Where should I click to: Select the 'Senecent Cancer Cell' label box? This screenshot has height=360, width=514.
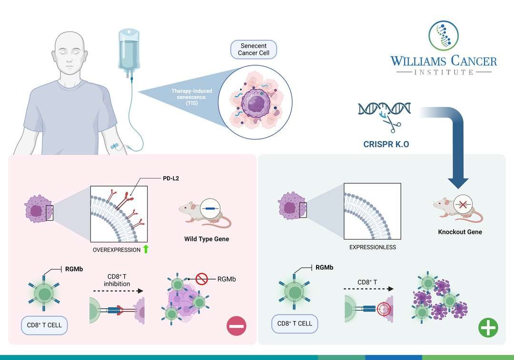[254, 49]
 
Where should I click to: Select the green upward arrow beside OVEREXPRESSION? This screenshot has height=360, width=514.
[146, 249]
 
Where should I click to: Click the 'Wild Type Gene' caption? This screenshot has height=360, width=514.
[207, 239]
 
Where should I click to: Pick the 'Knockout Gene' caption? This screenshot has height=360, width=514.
[460, 232]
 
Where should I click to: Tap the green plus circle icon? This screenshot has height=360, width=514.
[488, 328]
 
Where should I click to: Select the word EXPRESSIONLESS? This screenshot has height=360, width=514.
[373, 247]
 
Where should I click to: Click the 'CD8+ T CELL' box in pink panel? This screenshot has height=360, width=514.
[44, 325]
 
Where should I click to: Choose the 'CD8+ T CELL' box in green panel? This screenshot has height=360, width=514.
[295, 323]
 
